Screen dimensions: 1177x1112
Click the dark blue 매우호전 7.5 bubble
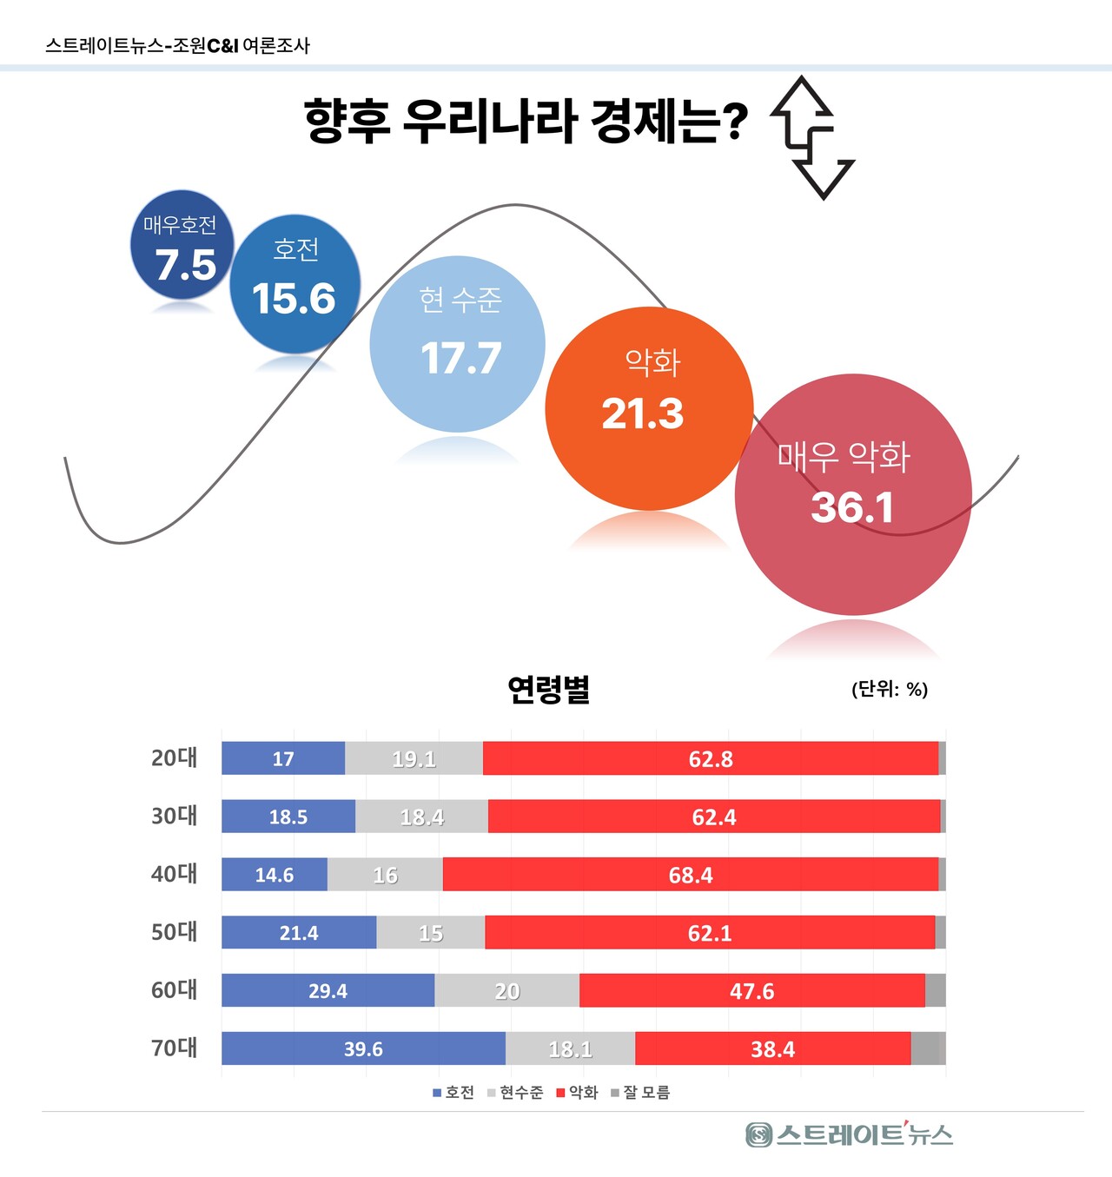point(181,246)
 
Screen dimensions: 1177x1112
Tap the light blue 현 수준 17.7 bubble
point(458,344)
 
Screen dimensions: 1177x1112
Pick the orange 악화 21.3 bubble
point(648,408)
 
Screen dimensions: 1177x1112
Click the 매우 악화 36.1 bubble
point(853,494)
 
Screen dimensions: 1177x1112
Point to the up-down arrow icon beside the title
point(812,137)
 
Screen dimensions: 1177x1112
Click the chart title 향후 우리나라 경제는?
point(526,121)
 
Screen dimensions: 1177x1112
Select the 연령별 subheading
point(549,689)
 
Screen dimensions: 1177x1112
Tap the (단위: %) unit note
point(890,690)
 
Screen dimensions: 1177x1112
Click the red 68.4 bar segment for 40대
point(691,875)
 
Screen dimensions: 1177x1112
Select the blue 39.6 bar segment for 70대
point(363,1048)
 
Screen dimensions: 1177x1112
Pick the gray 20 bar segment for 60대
point(507,990)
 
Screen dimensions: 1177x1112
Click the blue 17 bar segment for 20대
point(283,758)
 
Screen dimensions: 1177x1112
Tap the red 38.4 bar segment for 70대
point(772,1048)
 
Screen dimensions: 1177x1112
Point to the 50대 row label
point(175,932)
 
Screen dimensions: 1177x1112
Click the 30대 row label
point(175,816)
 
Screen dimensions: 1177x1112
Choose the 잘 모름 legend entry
point(640,1093)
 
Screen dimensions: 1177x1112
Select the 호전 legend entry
point(453,1093)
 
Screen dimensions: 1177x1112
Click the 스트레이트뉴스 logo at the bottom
point(849,1134)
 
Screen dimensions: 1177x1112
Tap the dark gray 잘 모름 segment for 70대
point(928,1048)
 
